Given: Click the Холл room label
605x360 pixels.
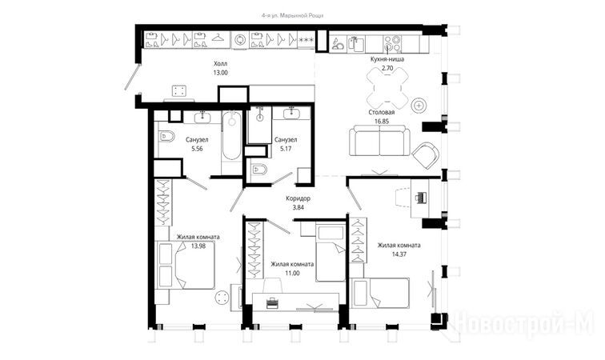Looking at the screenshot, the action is coord(220,64).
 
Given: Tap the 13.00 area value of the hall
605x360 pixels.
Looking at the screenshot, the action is coord(220,73).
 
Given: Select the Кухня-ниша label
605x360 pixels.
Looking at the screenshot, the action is coord(387,59).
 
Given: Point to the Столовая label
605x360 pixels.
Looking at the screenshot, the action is coord(381,112).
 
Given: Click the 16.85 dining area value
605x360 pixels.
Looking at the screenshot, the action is coord(381,121).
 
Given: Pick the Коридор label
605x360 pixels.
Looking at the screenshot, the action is coord(298,198).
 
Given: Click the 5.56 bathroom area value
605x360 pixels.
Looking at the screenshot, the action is coord(197,149).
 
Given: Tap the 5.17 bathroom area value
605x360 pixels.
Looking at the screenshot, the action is coord(286,149).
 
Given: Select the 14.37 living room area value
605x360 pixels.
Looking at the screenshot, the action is coord(399,254).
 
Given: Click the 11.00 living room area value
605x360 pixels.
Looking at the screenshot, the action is coord(292,273).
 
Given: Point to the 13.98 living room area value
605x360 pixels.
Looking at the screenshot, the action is coord(198,246).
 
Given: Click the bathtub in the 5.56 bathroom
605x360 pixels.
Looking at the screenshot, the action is coord(231,135).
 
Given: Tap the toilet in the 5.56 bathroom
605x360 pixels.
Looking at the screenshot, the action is coord(166,136).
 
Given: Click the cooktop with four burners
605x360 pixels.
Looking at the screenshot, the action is coord(392,44).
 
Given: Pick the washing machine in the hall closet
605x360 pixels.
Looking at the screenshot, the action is coord(240,40).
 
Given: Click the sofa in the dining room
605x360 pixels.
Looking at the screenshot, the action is coord(379,140).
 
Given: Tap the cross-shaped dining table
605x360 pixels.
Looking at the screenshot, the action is coord(387,88).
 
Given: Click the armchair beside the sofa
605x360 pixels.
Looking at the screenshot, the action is coord(426,155).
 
